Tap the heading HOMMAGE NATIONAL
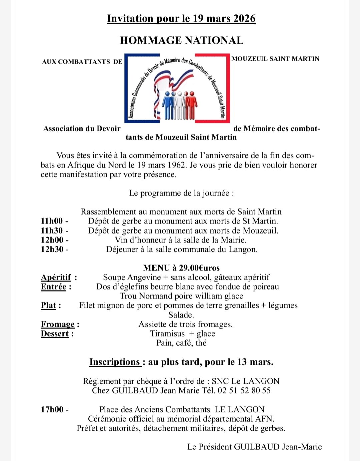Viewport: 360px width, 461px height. [x=182, y=40]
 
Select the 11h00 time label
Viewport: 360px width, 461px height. [x=52, y=221]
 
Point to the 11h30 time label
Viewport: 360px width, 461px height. [x=52, y=230]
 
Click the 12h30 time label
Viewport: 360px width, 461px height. [x=52, y=249]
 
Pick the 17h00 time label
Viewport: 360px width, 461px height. [x=52, y=409]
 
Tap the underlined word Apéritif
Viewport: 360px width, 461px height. [x=56, y=277]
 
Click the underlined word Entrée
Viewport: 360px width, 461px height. [x=54, y=286]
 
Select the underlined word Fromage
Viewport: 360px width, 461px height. [x=58, y=324]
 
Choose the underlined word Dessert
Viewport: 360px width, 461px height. [x=55, y=333]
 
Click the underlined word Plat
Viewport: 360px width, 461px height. [x=48, y=305]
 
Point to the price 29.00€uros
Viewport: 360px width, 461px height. [x=199, y=268]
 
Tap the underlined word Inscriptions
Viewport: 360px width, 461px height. [x=115, y=362]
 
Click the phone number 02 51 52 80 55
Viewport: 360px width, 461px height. [x=244, y=390]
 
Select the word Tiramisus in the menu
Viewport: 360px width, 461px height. [x=167, y=333]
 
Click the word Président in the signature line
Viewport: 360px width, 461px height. [x=215, y=447]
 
